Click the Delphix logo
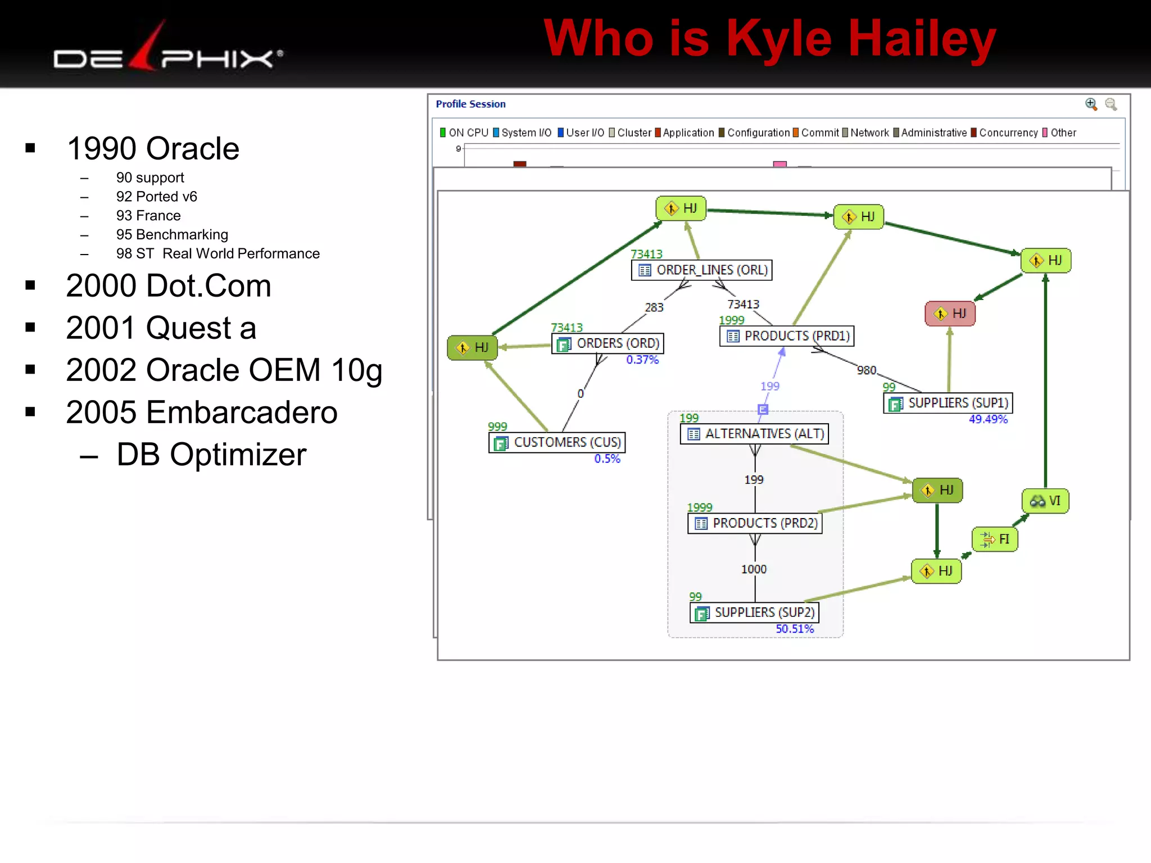pos(167,55)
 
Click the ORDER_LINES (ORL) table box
pos(701,270)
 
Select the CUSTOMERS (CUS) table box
pos(557,443)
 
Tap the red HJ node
pos(950,314)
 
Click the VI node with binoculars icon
pos(1045,501)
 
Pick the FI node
pos(995,539)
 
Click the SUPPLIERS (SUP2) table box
pos(754,612)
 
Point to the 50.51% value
pos(795,629)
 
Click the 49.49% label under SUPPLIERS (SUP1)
pos(988,419)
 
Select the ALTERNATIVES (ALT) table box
pos(754,434)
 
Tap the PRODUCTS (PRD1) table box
pos(787,336)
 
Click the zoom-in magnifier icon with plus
pos(1091,104)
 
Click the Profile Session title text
pos(470,104)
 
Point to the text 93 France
pos(148,216)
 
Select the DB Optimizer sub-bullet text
pos(211,455)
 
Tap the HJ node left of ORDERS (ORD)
pos(472,347)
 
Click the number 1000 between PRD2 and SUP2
pos(754,569)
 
